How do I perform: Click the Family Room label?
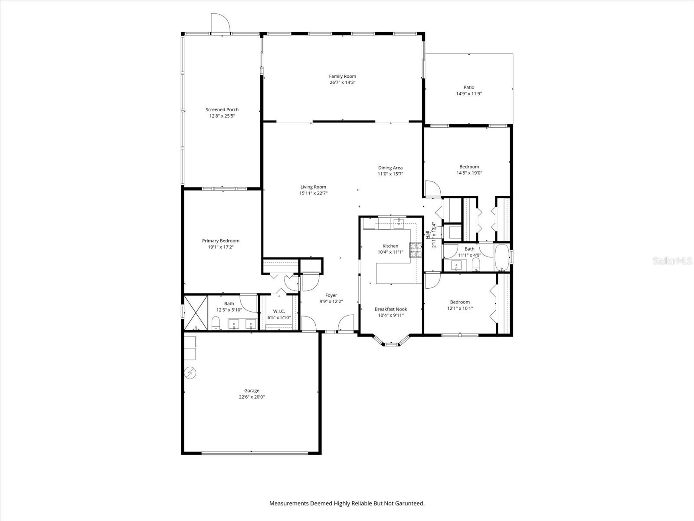coord(342,76)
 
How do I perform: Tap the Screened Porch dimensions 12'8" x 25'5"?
coord(222,116)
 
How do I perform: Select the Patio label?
coord(468,87)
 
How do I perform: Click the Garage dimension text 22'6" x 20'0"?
coord(252,397)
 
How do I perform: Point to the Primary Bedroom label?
coord(220,241)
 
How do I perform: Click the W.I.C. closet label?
coord(279,311)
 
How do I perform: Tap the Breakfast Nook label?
coord(390,309)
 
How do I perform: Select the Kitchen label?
coord(390,246)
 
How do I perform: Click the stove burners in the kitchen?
coord(416,251)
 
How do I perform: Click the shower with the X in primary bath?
coord(196,313)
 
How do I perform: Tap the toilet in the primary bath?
coord(216,323)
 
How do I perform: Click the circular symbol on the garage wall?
coord(190,372)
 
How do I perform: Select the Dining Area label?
coord(390,168)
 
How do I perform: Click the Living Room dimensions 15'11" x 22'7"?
coord(313,193)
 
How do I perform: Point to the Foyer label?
coord(331,295)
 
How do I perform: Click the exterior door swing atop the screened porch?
coord(219,23)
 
